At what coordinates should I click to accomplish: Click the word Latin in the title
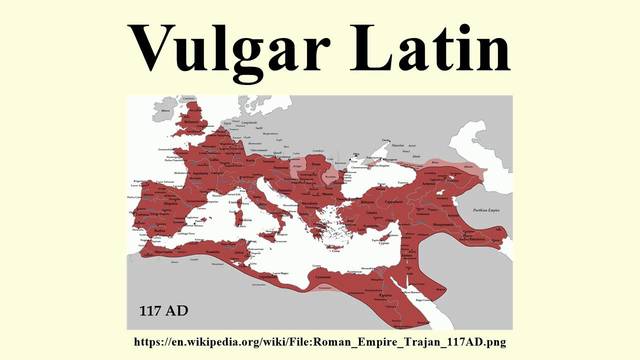pos(431,46)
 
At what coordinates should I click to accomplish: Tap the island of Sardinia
pos(238,208)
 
